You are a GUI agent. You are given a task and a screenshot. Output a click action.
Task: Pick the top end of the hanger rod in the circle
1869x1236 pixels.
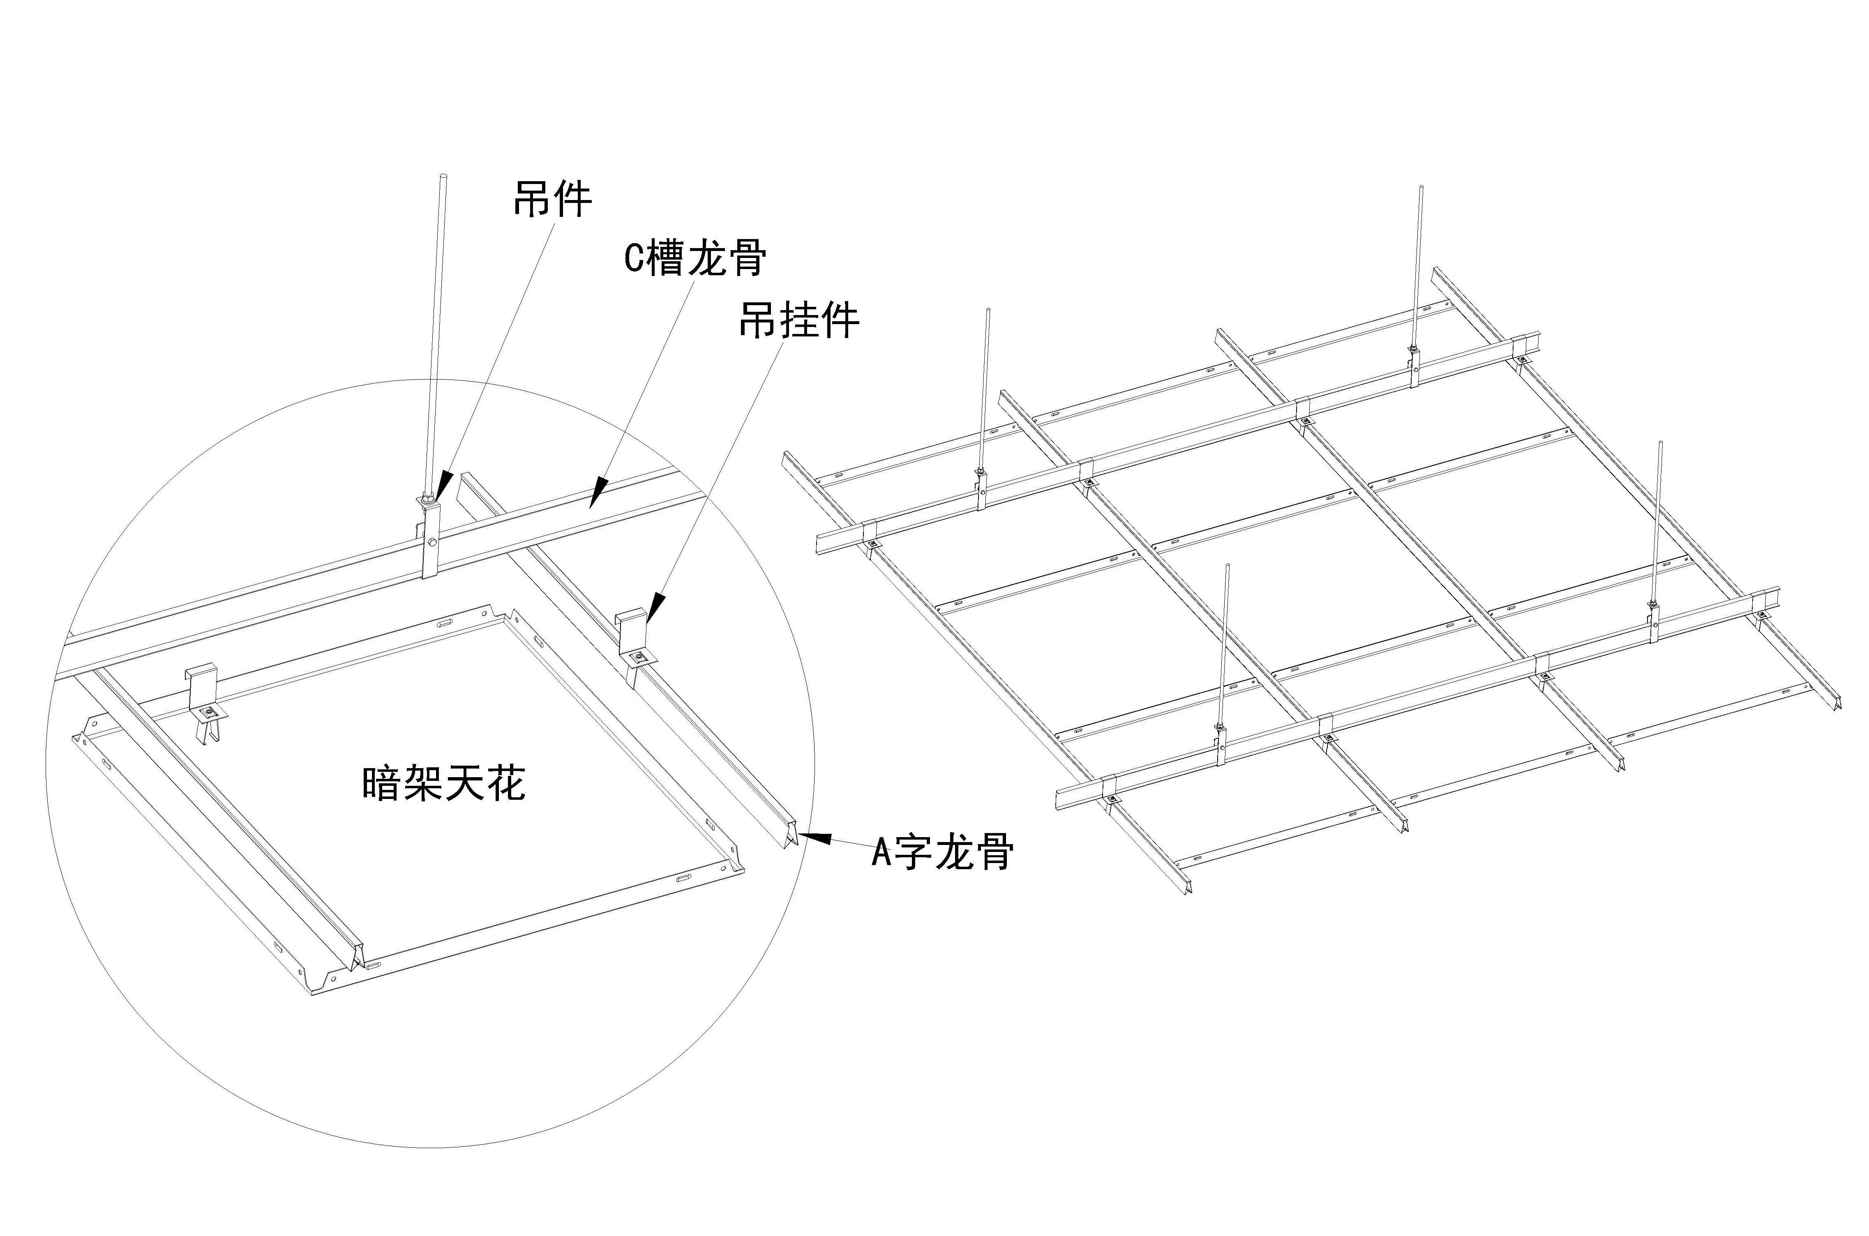(444, 177)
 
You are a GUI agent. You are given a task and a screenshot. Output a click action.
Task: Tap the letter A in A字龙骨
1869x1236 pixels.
(881, 853)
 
